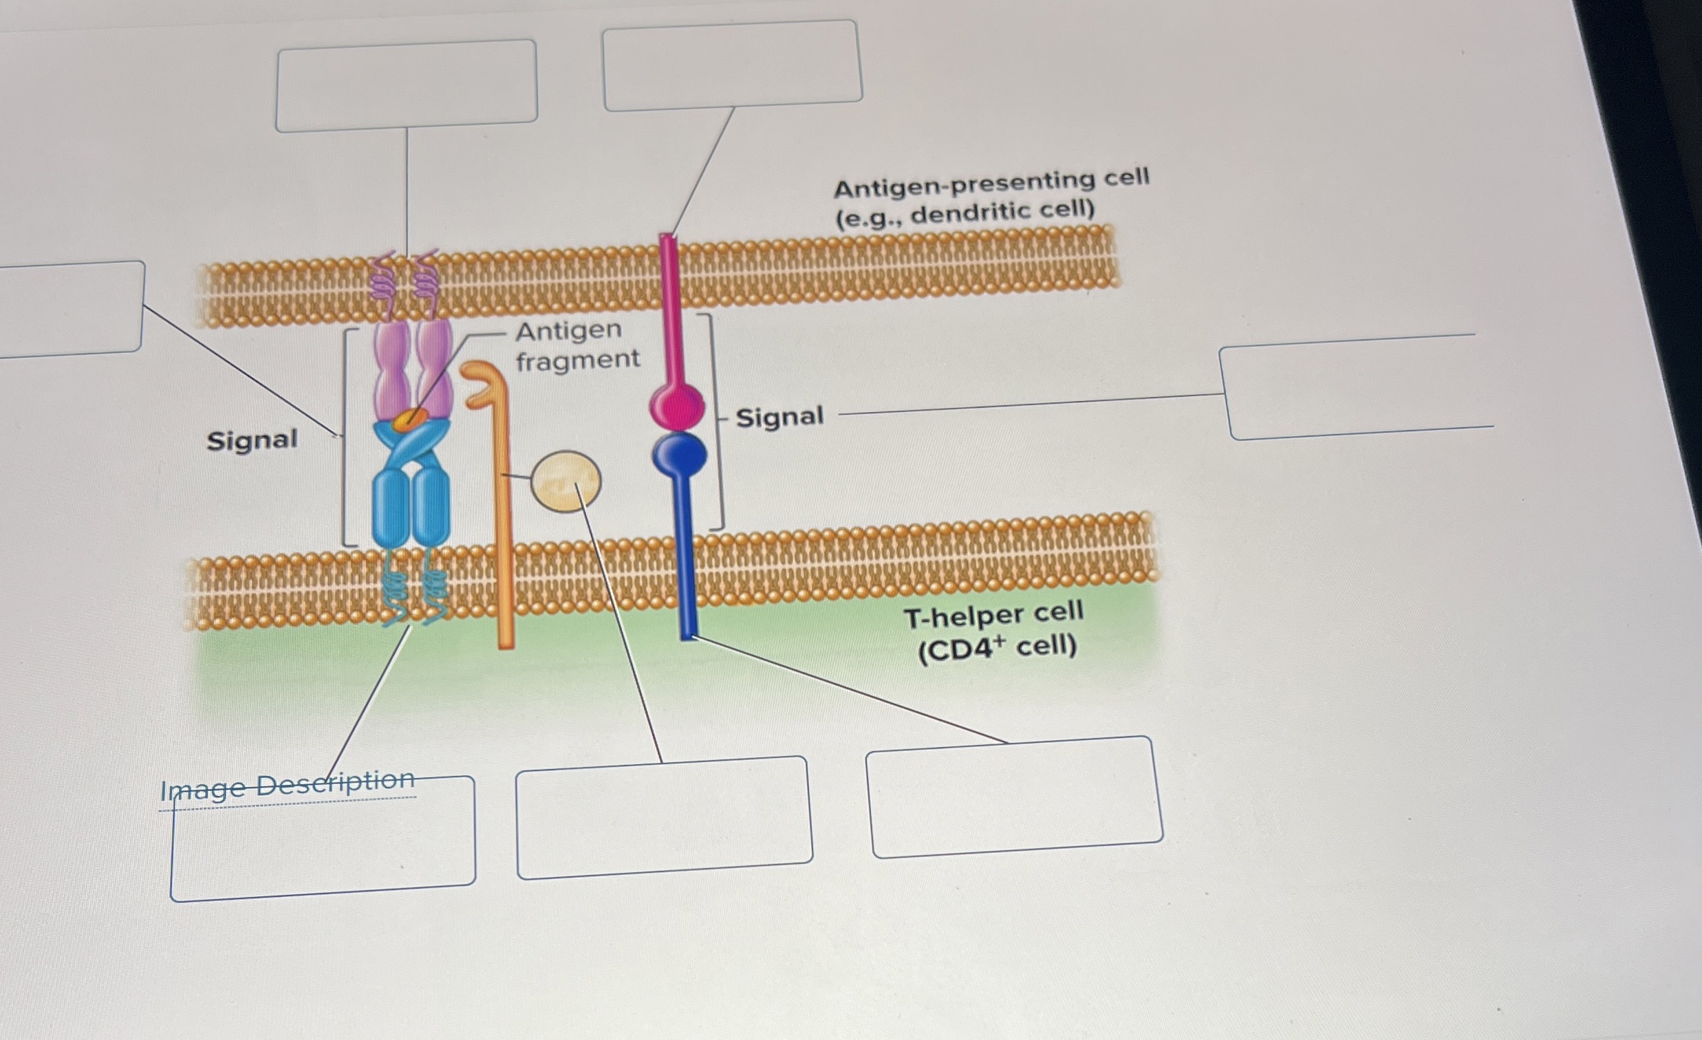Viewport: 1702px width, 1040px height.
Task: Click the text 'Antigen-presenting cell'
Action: pos(991,183)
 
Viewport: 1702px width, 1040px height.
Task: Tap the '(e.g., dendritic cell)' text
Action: pos(965,213)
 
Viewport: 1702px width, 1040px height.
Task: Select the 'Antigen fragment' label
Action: pos(577,345)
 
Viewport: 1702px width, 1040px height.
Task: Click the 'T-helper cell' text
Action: pos(994,615)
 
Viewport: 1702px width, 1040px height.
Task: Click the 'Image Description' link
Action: pos(288,786)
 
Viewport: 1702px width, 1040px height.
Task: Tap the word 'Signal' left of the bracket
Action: pos(252,440)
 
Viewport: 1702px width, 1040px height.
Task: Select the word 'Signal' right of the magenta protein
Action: pos(779,417)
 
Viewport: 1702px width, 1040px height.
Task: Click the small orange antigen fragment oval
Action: pos(410,418)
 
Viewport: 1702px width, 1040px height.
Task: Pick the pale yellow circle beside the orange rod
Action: pos(565,481)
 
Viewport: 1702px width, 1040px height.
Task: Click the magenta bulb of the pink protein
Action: pos(677,405)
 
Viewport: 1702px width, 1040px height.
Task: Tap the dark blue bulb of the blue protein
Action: pos(680,455)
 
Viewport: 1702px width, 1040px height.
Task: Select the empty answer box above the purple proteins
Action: pos(406,85)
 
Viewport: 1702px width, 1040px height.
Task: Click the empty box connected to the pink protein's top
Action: pos(732,65)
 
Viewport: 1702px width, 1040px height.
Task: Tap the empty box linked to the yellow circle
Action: pos(664,817)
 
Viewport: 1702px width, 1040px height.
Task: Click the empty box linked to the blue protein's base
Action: pos(1014,797)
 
